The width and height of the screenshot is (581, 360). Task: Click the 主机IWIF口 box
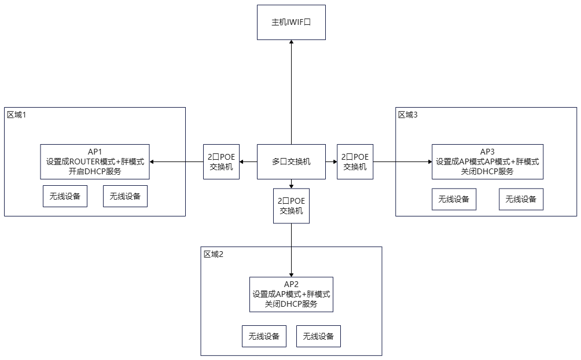tap(291, 22)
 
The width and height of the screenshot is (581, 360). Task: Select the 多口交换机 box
tap(291, 161)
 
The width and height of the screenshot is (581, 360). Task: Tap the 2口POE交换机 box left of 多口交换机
tap(221, 161)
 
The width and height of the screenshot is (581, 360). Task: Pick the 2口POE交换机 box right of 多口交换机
tap(355, 161)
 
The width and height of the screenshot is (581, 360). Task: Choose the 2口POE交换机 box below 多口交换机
tap(291, 206)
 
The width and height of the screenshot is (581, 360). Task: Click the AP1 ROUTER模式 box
tap(95, 161)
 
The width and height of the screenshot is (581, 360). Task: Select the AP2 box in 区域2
tap(291, 295)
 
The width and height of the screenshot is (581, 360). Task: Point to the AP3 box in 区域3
tap(488, 161)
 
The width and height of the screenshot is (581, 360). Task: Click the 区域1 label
tap(17, 115)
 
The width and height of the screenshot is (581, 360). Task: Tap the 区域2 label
tap(214, 254)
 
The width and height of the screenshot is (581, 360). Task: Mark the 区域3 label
tap(408, 115)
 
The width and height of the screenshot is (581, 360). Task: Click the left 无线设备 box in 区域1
tap(65, 196)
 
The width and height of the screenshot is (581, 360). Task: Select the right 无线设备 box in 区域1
tap(125, 196)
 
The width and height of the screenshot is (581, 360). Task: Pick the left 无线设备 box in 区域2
tap(264, 336)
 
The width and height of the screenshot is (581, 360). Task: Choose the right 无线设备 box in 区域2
tap(318, 336)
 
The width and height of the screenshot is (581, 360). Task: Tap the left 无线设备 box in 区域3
tap(454, 199)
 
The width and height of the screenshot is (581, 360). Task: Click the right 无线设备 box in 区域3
tap(521, 199)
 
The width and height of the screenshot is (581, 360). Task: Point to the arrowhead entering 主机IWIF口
tap(291, 42)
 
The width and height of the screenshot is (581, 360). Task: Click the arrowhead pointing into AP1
tap(152, 161)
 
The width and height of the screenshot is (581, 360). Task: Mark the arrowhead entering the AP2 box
tap(291, 275)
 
